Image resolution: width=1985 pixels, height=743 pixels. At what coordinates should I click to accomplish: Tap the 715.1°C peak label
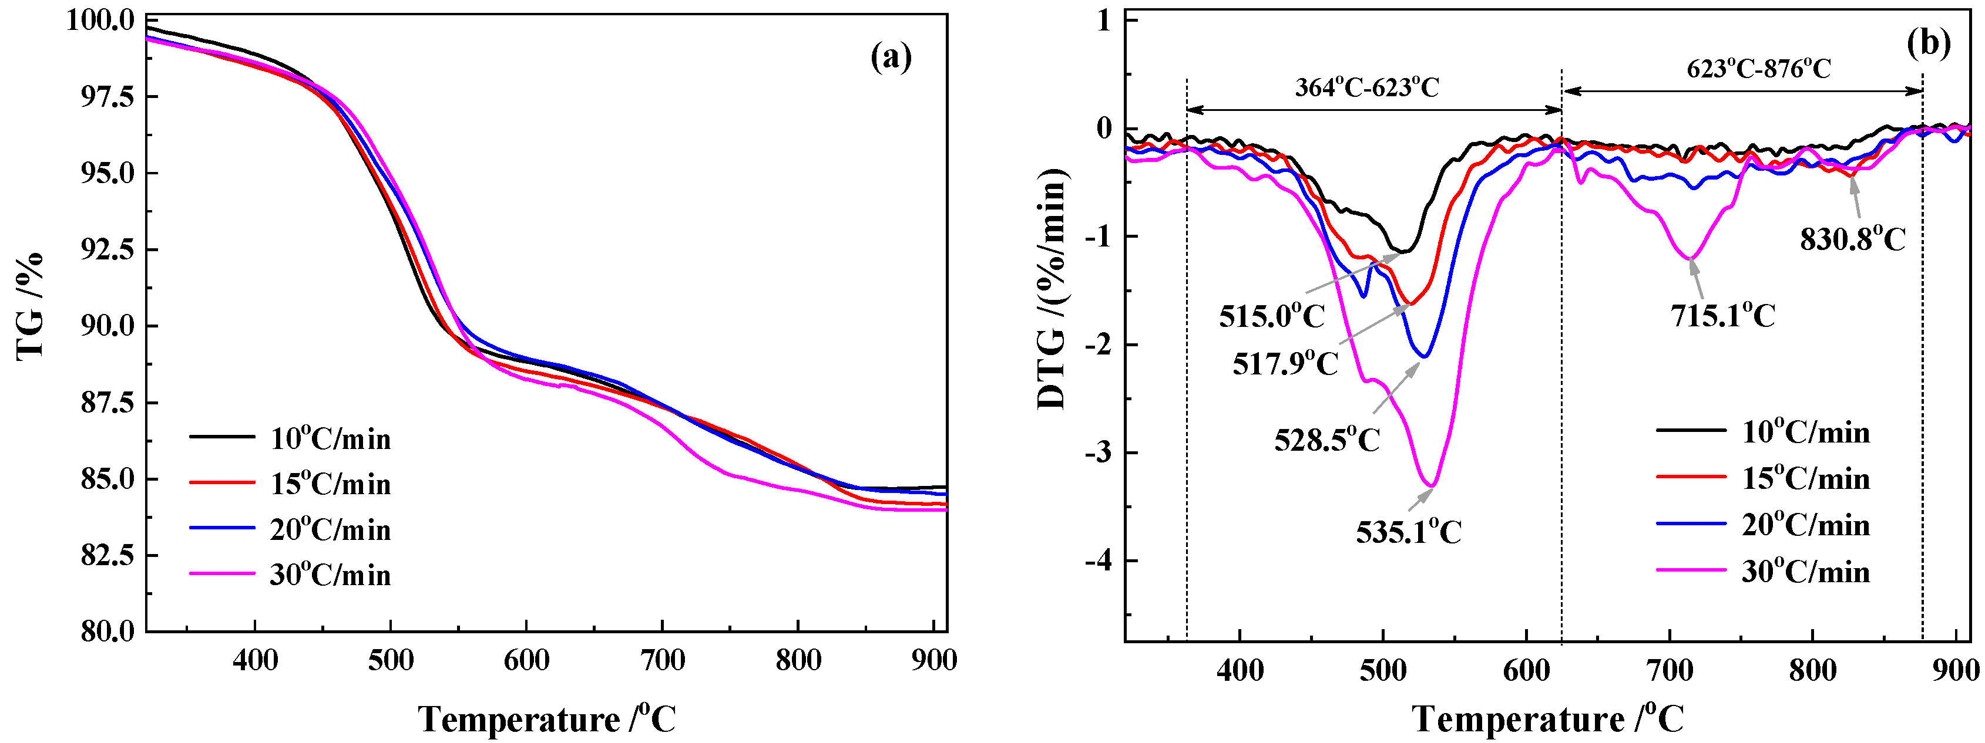point(1722,316)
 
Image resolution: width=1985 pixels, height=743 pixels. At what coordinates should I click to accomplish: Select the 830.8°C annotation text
point(1852,239)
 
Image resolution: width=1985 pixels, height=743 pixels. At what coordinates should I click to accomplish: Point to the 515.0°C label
point(1271,316)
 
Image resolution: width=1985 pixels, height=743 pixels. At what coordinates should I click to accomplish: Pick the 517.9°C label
point(1285,363)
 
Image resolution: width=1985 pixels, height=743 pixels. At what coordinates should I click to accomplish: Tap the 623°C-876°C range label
point(1758,69)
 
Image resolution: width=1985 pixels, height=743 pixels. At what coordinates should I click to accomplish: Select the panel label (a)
point(891,58)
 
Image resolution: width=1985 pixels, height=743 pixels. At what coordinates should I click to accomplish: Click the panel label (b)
point(1928,44)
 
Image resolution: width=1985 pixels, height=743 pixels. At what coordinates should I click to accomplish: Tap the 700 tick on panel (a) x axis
point(663,661)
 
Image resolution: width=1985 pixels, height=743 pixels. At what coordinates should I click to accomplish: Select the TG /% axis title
point(31,306)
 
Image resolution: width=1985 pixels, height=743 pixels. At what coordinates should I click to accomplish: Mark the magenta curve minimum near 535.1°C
point(1430,486)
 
